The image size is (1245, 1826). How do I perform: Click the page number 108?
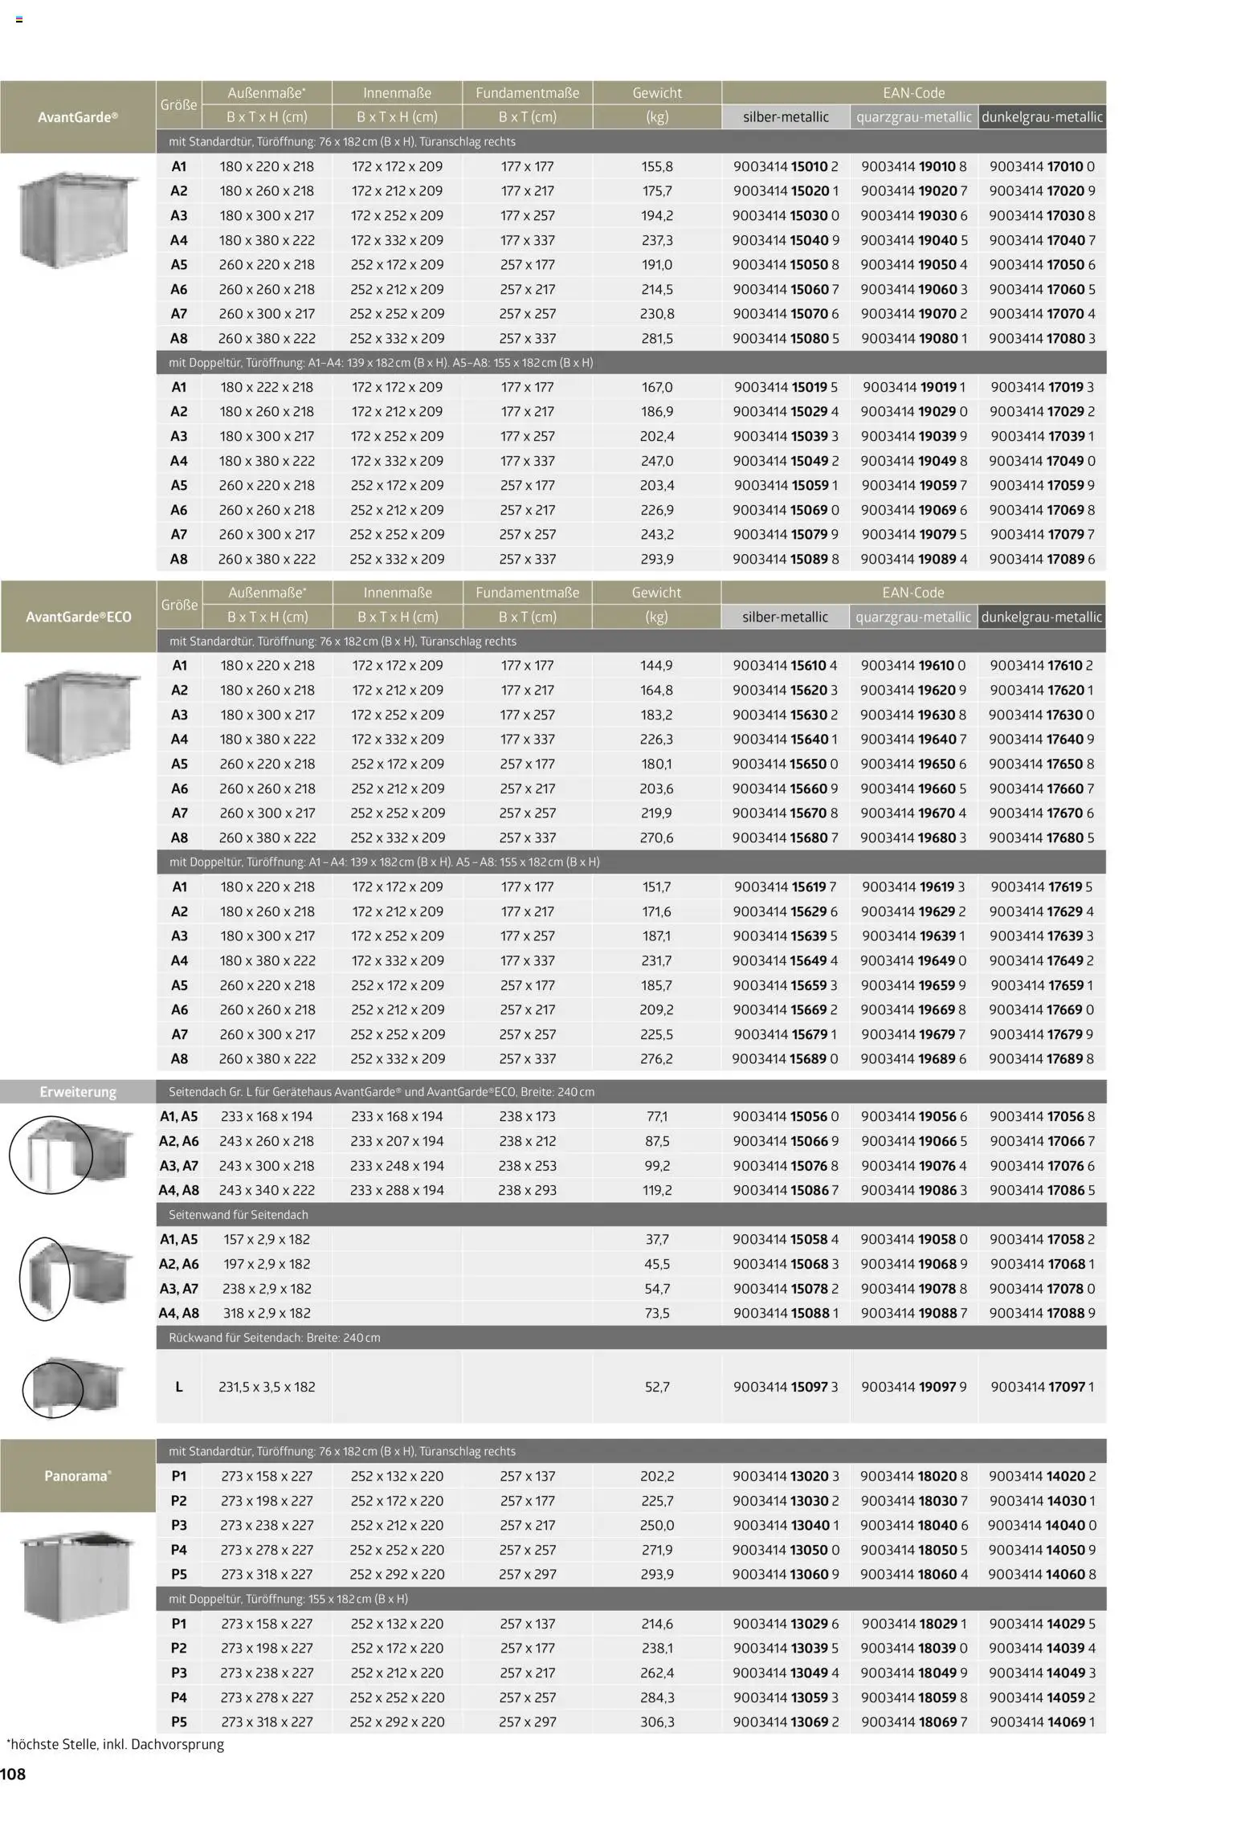(14, 1774)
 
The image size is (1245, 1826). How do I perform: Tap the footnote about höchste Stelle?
(115, 1744)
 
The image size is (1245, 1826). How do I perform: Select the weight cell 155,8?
(656, 166)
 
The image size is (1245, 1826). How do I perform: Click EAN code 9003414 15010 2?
(785, 166)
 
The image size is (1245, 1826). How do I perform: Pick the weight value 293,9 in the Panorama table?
(656, 1574)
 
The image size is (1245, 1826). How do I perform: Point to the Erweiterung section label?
(78, 1091)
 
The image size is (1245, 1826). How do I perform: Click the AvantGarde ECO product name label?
(78, 617)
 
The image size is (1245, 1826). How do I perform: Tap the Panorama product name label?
(78, 1475)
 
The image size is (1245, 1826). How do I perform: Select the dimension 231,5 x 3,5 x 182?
(267, 1386)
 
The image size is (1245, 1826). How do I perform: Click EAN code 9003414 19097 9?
(913, 1386)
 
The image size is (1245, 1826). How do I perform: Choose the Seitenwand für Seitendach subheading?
(239, 1214)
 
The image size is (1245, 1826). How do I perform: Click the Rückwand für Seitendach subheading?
(274, 1337)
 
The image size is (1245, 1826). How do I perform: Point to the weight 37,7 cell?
(656, 1239)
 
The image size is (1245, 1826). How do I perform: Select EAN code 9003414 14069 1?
(1042, 1722)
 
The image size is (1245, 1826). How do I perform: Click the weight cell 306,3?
(656, 1722)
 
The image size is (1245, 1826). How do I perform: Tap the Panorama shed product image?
(77, 1575)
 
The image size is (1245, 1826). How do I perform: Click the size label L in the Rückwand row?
(178, 1386)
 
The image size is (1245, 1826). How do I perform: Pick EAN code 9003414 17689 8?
(1041, 1058)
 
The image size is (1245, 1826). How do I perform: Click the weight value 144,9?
(656, 665)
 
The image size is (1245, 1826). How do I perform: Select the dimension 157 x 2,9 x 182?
(267, 1239)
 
